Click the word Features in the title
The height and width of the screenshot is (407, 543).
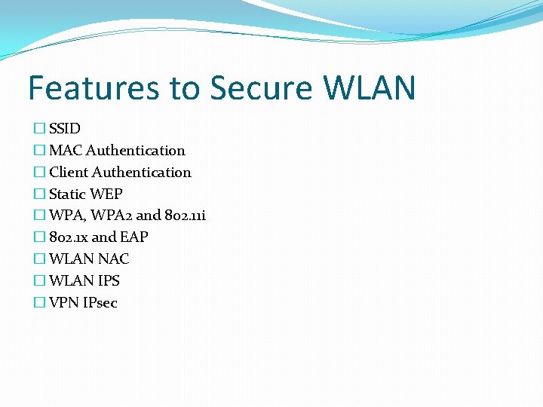pos(94,88)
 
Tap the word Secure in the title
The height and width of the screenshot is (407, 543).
pos(262,88)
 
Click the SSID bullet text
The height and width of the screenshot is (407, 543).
pos(65,129)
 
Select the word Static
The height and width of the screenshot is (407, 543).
pos(69,194)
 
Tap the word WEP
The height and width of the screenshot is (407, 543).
pos(107,194)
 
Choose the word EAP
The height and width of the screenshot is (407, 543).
pos(134,237)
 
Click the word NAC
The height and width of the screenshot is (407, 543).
pos(113,259)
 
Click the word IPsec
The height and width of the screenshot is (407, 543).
pos(102,303)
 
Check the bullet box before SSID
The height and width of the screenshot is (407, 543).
pos(39,129)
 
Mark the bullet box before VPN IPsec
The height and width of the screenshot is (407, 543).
pos(39,303)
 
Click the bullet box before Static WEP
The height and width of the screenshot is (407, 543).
pos(39,194)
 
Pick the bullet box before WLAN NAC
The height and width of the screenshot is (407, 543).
pos(39,259)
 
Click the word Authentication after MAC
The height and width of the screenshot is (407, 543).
pos(136,151)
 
